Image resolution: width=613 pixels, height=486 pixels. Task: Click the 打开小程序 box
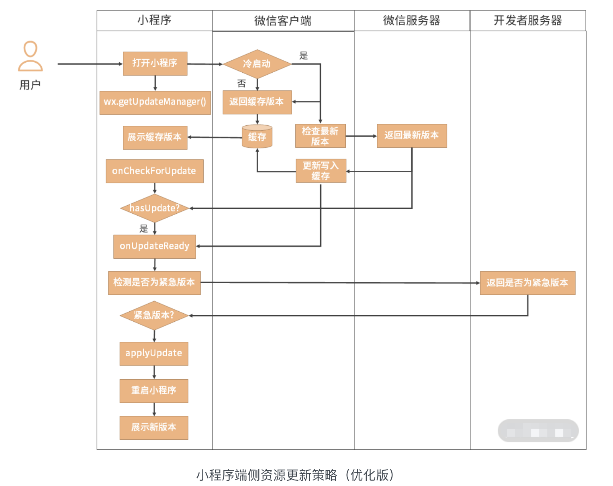[155, 63]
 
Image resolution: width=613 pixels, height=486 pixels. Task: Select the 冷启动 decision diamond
[257, 64]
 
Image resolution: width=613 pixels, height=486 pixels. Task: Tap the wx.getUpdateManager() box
[155, 102]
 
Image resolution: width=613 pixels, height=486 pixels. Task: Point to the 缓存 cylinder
[257, 137]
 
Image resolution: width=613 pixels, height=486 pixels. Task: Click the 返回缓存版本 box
[257, 102]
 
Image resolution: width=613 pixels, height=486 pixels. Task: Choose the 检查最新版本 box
[320, 136]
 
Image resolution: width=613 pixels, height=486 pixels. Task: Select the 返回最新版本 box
[412, 136]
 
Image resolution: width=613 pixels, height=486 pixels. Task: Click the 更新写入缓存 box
[321, 171]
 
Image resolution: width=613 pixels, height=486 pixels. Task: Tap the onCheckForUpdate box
[154, 171]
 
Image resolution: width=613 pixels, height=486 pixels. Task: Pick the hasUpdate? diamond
[155, 208]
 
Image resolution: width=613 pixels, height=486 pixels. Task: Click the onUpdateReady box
[155, 246]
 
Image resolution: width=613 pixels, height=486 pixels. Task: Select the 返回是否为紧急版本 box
[527, 283]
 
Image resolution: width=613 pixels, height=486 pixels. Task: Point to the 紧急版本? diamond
[154, 315]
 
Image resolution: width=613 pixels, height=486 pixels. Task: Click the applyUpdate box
[154, 353]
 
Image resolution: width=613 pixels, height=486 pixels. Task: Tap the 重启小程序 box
[154, 390]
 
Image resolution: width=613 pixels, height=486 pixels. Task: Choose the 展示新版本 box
[154, 427]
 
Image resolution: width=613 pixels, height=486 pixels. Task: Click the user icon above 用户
[30, 56]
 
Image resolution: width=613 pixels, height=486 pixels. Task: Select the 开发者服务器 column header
[527, 20]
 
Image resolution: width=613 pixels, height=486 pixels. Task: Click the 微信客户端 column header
[283, 20]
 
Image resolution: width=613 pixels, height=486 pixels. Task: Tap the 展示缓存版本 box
[155, 137]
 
